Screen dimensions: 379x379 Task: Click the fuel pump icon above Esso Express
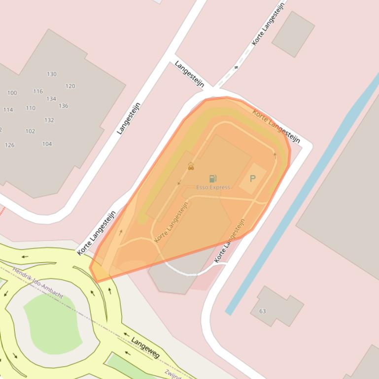213,179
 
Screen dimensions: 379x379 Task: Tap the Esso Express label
213,188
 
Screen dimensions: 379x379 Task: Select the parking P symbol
253,179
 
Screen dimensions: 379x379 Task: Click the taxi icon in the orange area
191,167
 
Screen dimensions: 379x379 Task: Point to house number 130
52,74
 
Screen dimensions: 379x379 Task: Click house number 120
70,86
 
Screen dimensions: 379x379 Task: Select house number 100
12,93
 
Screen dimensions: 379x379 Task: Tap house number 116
38,92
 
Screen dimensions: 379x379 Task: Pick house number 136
64,106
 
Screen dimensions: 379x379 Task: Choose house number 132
49,120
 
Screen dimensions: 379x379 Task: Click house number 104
47,144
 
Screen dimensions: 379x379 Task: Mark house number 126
10,145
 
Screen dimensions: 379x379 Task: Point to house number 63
263,311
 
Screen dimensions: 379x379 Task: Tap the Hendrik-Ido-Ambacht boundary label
38,283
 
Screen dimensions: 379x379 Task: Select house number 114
8,110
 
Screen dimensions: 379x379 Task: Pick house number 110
31,108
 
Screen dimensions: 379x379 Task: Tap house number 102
31,131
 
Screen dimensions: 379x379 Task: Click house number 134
51,99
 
